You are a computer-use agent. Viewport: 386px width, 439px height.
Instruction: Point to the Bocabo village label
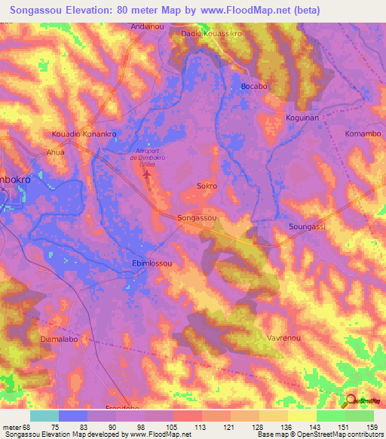tap(254, 87)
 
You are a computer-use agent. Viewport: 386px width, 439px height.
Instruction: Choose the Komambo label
tap(362, 134)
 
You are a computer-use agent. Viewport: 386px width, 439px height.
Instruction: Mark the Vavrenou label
tap(283, 339)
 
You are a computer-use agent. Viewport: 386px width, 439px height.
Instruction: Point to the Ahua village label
tap(56, 152)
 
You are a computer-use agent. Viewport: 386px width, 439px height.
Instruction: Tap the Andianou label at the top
tap(147, 26)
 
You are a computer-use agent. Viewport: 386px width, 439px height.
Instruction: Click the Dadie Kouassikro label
tap(210, 34)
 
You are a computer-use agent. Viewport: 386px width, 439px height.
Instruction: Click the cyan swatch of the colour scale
tap(44, 416)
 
